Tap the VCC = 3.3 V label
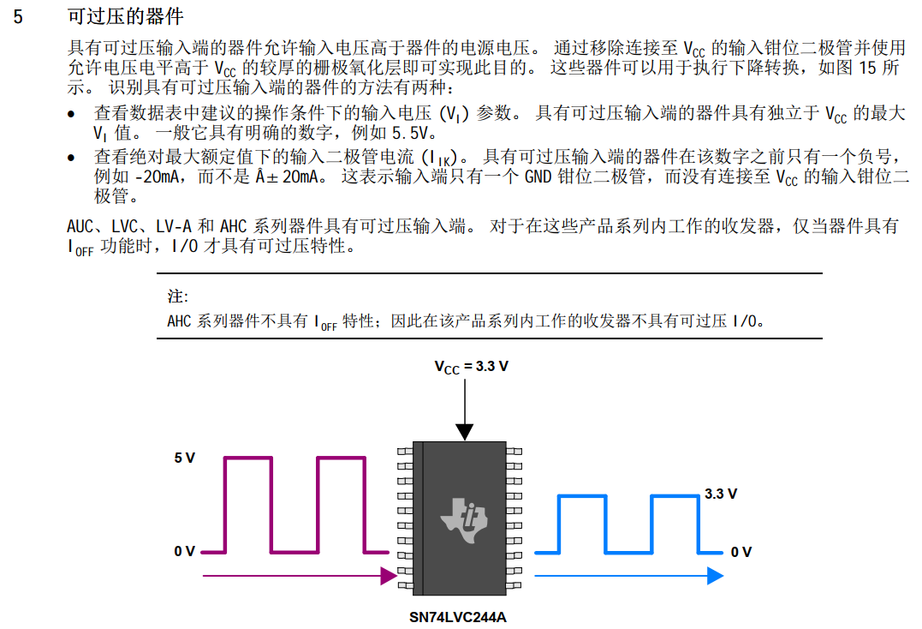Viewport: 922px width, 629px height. pos(471,366)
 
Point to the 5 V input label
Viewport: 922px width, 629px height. pos(184,458)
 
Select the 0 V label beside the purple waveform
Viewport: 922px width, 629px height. pos(184,551)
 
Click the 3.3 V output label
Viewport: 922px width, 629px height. pos(721,494)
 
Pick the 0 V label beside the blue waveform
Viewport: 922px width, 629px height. pos(741,552)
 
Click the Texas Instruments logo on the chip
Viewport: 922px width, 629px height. pos(463,517)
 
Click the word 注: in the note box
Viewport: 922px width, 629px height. pos(177,297)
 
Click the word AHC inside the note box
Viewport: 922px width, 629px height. pos(180,321)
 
